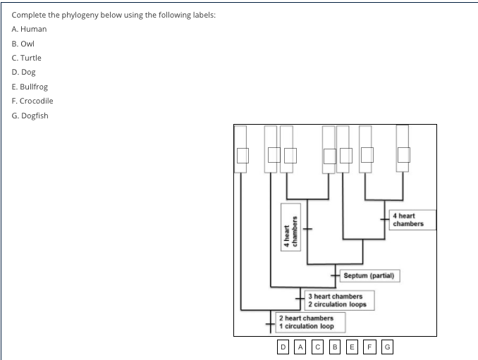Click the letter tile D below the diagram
tap(283, 347)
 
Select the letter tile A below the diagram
tap(300, 347)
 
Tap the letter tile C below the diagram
tap(318, 347)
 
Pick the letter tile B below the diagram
tap(336, 347)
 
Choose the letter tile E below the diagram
tap(353, 347)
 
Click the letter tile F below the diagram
tap(370, 347)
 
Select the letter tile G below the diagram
tap(387, 347)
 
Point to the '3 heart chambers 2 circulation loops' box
tap(340, 300)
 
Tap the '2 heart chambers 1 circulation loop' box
tap(310, 323)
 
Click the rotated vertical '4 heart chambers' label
tap(292, 225)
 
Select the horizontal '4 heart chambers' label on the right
tap(412, 220)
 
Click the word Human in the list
tap(32, 29)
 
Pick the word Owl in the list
tap(28, 43)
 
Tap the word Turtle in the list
tap(31, 58)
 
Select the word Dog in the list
tap(28, 72)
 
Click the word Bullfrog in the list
tap(34, 87)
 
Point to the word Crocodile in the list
tap(35, 101)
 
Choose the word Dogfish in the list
tap(35, 116)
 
